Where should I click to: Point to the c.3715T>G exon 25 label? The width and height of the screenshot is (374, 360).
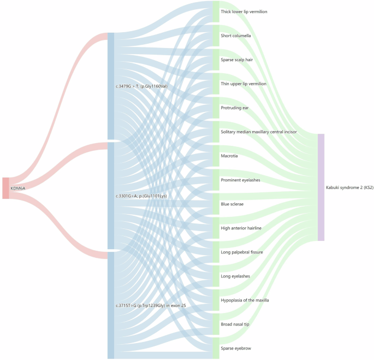click(x=150, y=305)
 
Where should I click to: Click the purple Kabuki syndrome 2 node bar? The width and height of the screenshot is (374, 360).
click(x=321, y=187)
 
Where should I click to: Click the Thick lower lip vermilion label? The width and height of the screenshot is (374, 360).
click(x=244, y=11)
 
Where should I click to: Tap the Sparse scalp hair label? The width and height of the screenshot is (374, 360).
click(x=236, y=60)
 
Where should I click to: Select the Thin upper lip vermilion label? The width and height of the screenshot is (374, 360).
click(x=244, y=84)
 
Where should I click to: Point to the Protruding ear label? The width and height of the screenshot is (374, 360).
click(x=235, y=108)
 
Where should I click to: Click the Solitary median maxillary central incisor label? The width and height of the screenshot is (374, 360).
click(x=259, y=132)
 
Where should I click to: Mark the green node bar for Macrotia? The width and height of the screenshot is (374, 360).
click(x=216, y=156)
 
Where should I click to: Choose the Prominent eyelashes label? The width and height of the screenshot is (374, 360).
click(x=240, y=180)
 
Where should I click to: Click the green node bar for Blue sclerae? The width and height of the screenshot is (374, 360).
click(x=216, y=204)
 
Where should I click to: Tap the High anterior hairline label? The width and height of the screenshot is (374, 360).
click(x=241, y=228)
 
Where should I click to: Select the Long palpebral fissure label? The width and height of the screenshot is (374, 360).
click(x=242, y=252)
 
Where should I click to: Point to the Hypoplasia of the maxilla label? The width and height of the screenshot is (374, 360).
click(x=245, y=300)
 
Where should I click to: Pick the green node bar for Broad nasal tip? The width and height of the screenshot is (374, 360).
click(x=216, y=324)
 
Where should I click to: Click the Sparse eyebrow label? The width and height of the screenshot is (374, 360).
click(x=236, y=348)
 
